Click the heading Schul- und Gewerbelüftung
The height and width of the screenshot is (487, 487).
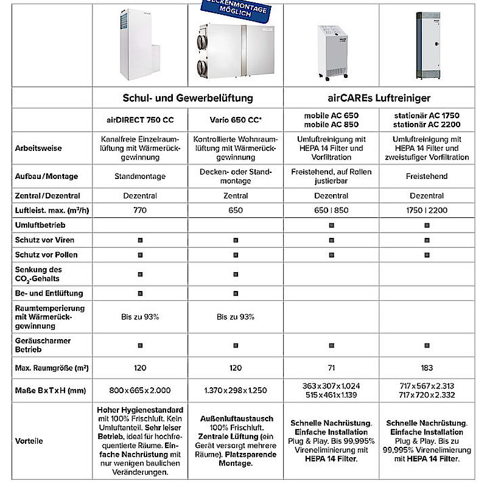click(x=187, y=97)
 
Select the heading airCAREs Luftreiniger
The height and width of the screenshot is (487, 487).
click(x=379, y=97)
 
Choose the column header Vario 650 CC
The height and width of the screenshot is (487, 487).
click(x=235, y=119)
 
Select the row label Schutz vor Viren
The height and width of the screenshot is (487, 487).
click(x=45, y=240)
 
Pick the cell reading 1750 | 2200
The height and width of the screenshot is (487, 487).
click(x=427, y=211)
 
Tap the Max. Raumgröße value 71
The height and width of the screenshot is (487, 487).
click(x=331, y=368)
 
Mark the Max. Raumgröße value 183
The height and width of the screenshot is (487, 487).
click(x=427, y=368)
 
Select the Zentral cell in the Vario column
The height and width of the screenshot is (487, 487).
click(x=235, y=196)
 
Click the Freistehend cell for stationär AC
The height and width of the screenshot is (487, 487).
click(x=427, y=177)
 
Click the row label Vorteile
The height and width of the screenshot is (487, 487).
click(x=29, y=441)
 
